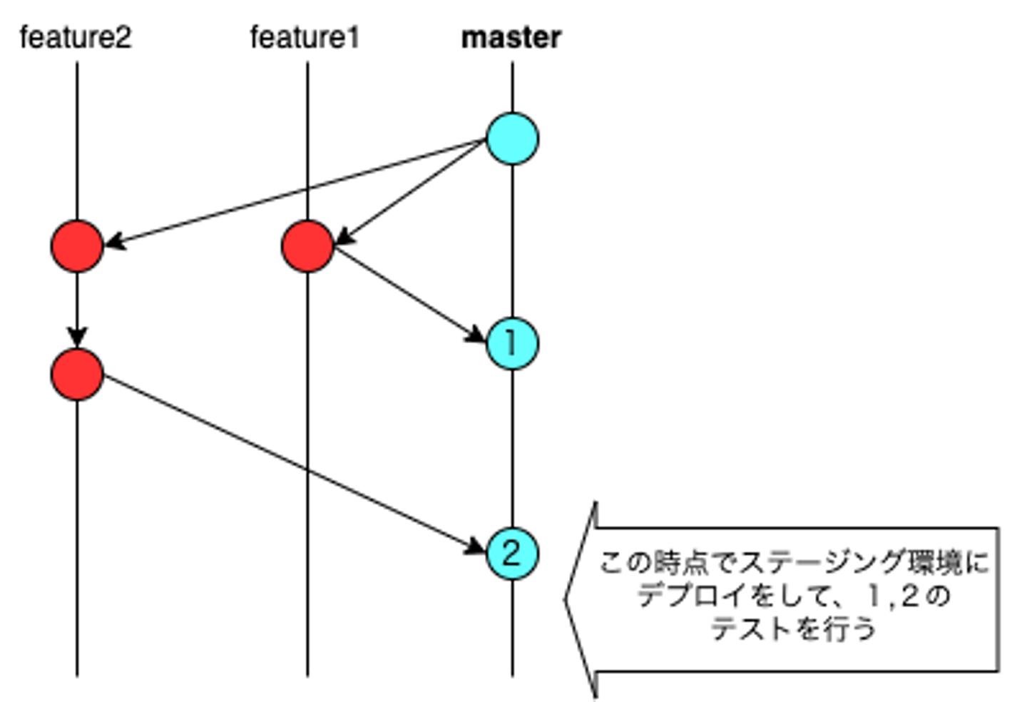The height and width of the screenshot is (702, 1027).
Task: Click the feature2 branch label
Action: [76, 38]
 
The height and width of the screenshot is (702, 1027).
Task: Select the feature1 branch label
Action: [305, 38]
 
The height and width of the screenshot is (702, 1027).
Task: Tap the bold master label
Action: [511, 38]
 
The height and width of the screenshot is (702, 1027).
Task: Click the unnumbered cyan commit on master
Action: [512, 138]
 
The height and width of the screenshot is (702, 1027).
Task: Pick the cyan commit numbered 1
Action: [512, 344]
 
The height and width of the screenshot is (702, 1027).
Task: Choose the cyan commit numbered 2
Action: [512, 553]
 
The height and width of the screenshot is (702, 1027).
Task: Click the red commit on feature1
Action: [307, 247]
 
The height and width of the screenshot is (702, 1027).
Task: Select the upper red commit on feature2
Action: [77, 247]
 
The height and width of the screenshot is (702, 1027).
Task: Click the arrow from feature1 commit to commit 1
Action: [410, 293]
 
